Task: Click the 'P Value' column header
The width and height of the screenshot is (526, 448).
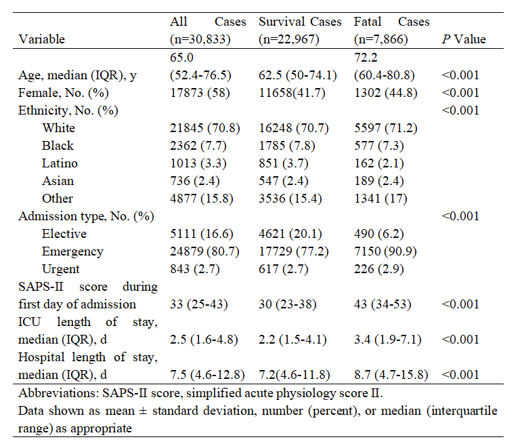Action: (x=464, y=39)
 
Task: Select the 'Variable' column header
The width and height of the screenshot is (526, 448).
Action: (x=41, y=39)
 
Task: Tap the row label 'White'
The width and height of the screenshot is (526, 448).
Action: (x=58, y=128)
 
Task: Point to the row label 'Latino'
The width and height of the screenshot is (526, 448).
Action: (x=60, y=163)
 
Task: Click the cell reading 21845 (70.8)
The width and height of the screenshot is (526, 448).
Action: (x=205, y=128)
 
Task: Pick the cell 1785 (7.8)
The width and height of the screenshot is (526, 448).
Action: (x=287, y=146)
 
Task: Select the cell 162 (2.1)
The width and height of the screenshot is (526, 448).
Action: (x=379, y=163)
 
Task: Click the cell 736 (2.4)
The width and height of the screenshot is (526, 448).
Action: (x=195, y=181)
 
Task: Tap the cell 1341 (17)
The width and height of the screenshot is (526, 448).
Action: (x=380, y=199)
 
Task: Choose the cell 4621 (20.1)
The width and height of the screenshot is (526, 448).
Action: (x=290, y=234)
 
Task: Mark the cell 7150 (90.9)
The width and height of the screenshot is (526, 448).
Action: (x=385, y=251)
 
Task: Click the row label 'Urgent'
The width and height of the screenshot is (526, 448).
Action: (x=61, y=269)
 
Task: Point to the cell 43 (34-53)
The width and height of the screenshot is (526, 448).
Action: (x=382, y=304)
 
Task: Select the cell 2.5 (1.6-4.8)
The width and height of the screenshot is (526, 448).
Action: (x=204, y=340)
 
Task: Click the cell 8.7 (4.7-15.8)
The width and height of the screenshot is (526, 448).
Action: (x=391, y=375)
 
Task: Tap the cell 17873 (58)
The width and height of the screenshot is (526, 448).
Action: (x=200, y=93)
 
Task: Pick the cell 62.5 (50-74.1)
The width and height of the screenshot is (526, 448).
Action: (x=298, y=75)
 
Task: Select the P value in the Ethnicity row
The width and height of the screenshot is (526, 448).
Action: (x=460, y=110)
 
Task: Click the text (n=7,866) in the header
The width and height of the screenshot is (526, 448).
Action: (x=381, y=39)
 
